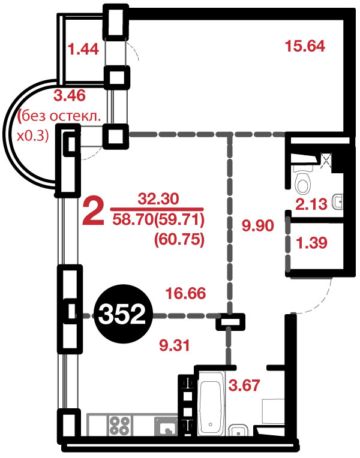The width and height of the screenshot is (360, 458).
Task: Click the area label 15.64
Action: (305, 46)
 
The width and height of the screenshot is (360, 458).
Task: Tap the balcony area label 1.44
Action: (83, 49)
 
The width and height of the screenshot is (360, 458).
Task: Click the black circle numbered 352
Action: (122, 315)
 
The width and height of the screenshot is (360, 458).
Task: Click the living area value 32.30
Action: (158, 200)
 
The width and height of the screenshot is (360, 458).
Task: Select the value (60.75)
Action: (179, 240)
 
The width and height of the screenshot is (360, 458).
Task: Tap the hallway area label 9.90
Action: (258, 225)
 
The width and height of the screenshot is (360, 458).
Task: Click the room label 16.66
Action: (186, 293)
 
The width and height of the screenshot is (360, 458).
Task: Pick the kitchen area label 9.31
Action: (175, 345)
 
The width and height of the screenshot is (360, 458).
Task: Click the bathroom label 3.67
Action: (244, 385)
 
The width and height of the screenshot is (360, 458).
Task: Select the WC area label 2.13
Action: (311, 204)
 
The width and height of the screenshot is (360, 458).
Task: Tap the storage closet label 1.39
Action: (312, 243)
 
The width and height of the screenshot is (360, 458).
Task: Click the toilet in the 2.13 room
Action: (304, 180)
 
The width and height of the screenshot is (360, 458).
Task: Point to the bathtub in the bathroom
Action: (212, 403)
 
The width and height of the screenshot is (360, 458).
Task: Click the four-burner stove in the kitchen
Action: (119, 425)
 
